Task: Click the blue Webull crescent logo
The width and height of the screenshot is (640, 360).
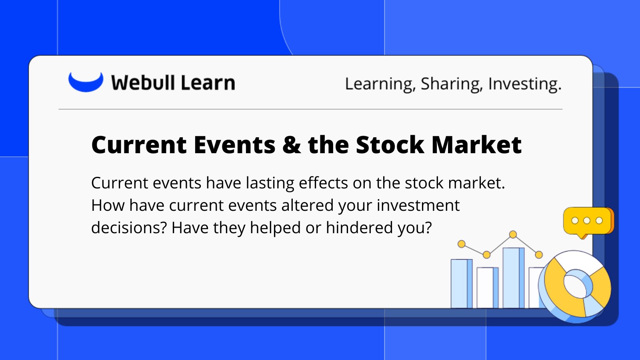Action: point(86,83)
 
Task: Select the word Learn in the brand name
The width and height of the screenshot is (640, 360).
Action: point(208,82)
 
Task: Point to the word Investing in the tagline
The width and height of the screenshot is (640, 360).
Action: point(525,84)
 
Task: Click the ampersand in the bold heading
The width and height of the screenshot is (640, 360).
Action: point(292,145)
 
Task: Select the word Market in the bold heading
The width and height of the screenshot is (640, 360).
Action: point(476,145)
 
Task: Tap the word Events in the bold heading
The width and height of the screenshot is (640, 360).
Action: point(234,145)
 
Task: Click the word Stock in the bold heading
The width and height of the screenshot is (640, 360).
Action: point(390,145)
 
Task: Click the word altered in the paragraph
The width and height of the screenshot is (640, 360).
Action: point(308,205)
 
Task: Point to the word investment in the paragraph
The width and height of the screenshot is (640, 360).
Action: point(418,205)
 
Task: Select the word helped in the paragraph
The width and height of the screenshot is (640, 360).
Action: point(275,228)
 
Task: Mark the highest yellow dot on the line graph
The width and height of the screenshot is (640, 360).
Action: point(513,234)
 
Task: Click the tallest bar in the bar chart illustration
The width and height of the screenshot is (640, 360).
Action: point(514,278)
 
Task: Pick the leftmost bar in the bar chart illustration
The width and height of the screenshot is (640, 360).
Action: point(462,284)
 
